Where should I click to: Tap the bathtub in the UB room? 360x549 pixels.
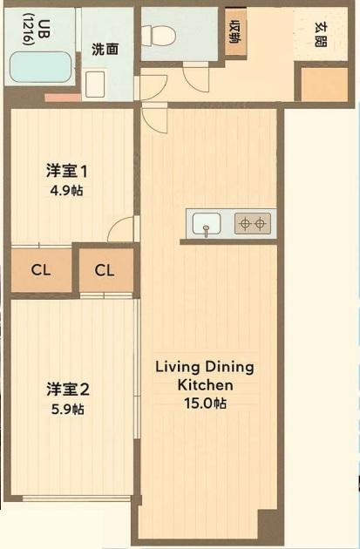(x=41, y=67)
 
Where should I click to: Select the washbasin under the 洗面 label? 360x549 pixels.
(x=95, y=85)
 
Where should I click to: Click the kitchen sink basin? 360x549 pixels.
(x=207, y=224)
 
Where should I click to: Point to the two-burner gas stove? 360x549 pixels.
(x=253, y=223)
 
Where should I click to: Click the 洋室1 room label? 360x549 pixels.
(x=66, y=172)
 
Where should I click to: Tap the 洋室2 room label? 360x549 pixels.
(x=68, y=390)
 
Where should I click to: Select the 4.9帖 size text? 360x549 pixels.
(x=67, y=191)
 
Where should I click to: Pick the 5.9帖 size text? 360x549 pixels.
(x=68, y=409)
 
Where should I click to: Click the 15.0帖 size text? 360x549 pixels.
(x=205, y=403)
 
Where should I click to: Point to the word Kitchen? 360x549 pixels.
(x=205, y=385)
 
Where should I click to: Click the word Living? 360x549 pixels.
(x=178, y=368)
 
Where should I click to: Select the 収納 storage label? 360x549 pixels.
(x=235, y=32)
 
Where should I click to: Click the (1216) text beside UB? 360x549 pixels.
(x=29, y=30)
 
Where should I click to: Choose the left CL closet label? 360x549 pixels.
(x=41, y=270)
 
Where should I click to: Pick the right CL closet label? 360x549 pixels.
(x=105, y=270)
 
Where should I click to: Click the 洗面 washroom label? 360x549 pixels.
(x=105, y=50)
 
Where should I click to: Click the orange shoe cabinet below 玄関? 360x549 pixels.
(x=324, y=85)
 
